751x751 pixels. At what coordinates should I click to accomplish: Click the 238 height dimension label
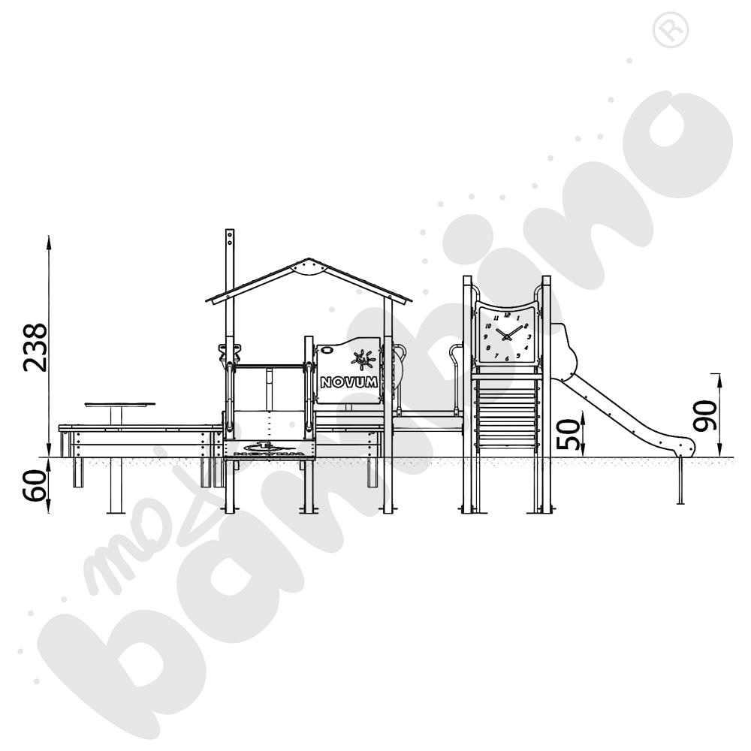(x=35, y=348)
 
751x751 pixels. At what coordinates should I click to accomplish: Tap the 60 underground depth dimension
(x=35, y=486)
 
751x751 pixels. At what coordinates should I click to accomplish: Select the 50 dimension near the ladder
(x=569, y=434)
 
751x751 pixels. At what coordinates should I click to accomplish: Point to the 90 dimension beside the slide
(x=706, y=415)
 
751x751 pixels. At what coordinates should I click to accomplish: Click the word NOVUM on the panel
(x=348, y=382)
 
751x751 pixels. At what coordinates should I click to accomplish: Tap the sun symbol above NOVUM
(x=363, y=359)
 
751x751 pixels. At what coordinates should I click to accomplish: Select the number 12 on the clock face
(x=507, y=315)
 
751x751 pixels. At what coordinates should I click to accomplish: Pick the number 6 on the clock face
(x=507, y=358)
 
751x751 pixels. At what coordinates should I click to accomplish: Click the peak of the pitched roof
(x=309, y=259)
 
